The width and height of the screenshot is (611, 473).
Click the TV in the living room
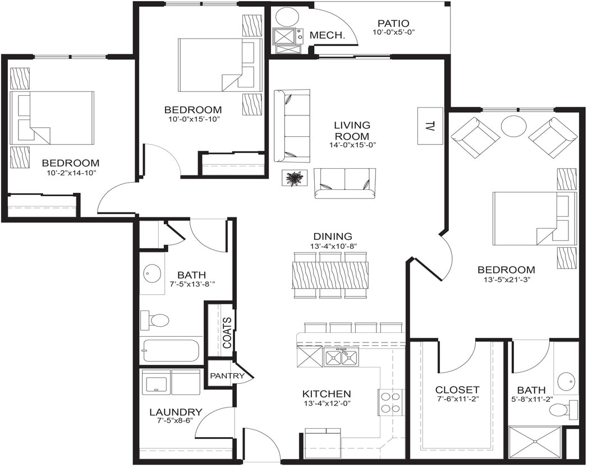430,126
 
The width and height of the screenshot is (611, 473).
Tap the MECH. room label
327,35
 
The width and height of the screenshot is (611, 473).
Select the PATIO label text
393,24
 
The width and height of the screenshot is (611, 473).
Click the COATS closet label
228,333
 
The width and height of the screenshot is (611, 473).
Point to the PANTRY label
227,375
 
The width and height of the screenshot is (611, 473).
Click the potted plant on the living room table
294,179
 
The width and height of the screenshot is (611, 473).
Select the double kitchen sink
341,356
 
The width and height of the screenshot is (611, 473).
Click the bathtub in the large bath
170,351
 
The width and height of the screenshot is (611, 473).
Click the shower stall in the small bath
535,443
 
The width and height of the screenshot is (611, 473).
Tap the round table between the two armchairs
513,126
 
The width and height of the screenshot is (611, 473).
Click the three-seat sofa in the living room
292,126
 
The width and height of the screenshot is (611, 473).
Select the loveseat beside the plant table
344,183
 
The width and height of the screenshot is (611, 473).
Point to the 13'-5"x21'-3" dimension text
506,280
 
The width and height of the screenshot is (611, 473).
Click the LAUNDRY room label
176,412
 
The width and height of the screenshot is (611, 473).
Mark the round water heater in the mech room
287,17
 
